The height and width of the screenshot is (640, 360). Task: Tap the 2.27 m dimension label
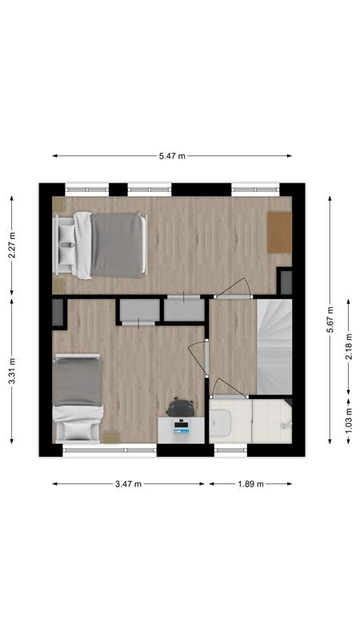(x=11, y=244)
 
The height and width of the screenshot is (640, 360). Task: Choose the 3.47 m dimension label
(x=128, y=484)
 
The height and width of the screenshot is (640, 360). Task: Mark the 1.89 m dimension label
(x=250, y=484)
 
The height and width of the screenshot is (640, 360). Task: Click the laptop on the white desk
(x=182, y=429)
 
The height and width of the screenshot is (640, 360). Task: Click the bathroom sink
(x=221, y=422)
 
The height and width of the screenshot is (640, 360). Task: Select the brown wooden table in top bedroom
(x=279, y=231)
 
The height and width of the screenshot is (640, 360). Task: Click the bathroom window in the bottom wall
(x=231, y=450)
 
